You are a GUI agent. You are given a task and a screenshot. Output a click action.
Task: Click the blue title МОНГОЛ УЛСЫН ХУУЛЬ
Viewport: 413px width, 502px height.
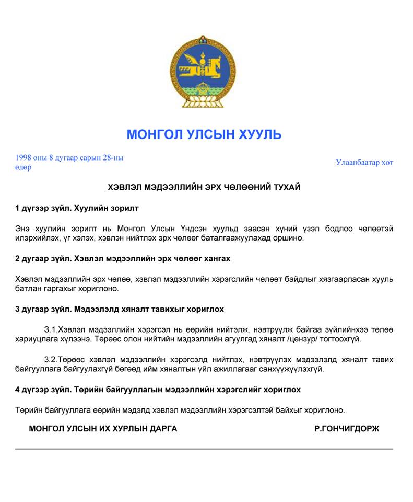point(204,134)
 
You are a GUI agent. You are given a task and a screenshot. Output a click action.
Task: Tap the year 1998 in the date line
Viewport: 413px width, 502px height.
point(24,157)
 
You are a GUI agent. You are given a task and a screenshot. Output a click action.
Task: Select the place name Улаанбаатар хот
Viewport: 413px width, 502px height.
point(364,162)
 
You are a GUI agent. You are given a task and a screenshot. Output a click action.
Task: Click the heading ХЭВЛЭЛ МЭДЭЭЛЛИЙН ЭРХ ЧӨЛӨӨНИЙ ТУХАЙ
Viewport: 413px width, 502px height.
point(204,187)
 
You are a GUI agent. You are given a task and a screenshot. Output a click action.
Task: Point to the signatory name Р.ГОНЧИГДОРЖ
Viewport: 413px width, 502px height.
point(347,429)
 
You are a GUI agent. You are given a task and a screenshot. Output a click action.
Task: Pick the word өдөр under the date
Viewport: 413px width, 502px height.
point(23,167)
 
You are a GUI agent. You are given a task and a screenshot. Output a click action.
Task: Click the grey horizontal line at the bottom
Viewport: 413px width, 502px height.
point(204,449)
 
